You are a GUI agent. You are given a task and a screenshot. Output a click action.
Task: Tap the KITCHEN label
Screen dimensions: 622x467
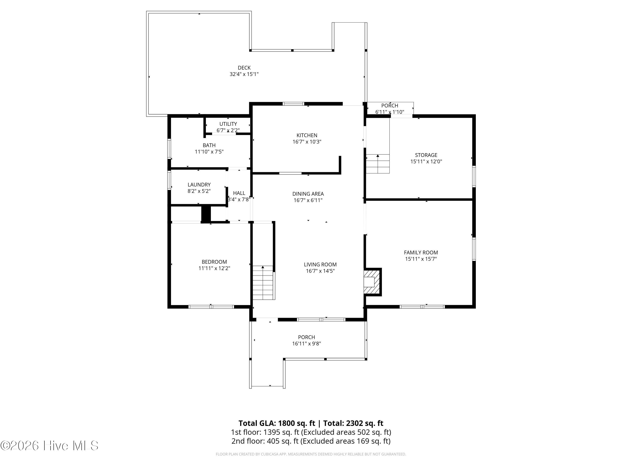pos(307,135)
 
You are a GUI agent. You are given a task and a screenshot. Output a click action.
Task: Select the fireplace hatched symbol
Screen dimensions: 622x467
pos(372,282)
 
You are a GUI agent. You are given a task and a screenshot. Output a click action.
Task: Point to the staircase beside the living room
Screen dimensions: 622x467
pos(263,283)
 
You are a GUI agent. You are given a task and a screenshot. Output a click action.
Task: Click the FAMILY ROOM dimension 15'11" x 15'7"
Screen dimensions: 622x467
pos(421,259)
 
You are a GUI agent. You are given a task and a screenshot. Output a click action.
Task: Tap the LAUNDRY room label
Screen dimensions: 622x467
pos(199,185)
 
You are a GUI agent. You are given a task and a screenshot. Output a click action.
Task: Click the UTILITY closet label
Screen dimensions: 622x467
pos(228,124)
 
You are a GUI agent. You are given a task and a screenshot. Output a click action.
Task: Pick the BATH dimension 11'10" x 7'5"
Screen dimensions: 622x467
pos(209,152)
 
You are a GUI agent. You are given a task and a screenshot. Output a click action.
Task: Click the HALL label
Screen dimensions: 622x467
pos(239,193)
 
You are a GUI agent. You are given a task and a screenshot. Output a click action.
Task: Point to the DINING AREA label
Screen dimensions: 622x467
pos(308,194)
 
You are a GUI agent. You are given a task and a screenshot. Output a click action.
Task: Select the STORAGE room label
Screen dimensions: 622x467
pos(426,155)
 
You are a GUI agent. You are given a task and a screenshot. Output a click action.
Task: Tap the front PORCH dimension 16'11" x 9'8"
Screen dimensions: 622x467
pos(306,344)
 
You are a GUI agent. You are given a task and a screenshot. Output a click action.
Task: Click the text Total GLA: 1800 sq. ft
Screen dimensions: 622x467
pos(277,423)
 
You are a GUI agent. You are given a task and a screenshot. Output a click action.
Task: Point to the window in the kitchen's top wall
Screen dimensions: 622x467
pos(293,104)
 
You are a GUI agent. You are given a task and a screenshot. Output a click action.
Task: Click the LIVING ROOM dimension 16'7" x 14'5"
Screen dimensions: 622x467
pos(320,271)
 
